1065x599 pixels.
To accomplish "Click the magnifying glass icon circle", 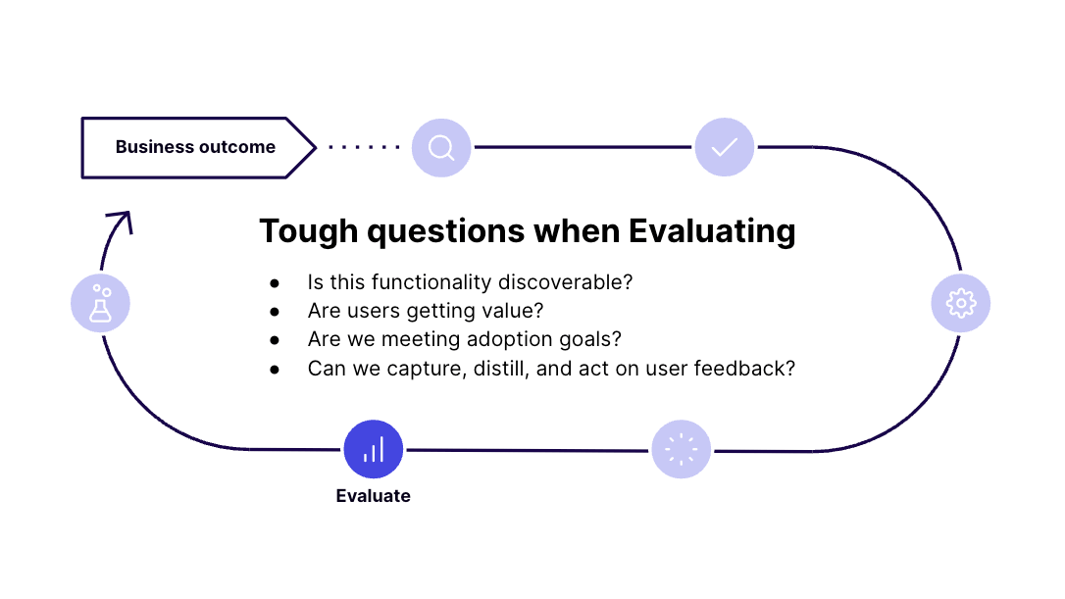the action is (x=441, y=147).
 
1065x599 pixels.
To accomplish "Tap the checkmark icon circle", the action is (x=725, y=147).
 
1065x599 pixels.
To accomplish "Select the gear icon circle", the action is (x=960, y=303).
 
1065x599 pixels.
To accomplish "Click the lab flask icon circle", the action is (x=101, y=303).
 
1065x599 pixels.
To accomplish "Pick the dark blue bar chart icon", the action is (x=374, y=449).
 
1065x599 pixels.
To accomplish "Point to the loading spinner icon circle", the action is (x=682, y=449).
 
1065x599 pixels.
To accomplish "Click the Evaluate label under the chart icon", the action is (x=373, y=496).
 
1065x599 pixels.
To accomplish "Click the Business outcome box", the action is (x=198, y=147).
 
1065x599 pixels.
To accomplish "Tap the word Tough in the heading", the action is (x=309, y=232).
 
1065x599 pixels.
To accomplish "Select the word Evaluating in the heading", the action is (x=712, y=232).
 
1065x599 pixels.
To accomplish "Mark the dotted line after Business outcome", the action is (x=364, y=147).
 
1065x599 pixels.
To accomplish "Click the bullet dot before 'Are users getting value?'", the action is (x=275, y=312).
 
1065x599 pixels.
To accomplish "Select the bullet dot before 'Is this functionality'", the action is (x=275, y=283).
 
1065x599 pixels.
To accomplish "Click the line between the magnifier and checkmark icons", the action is (x=583, y=147).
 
